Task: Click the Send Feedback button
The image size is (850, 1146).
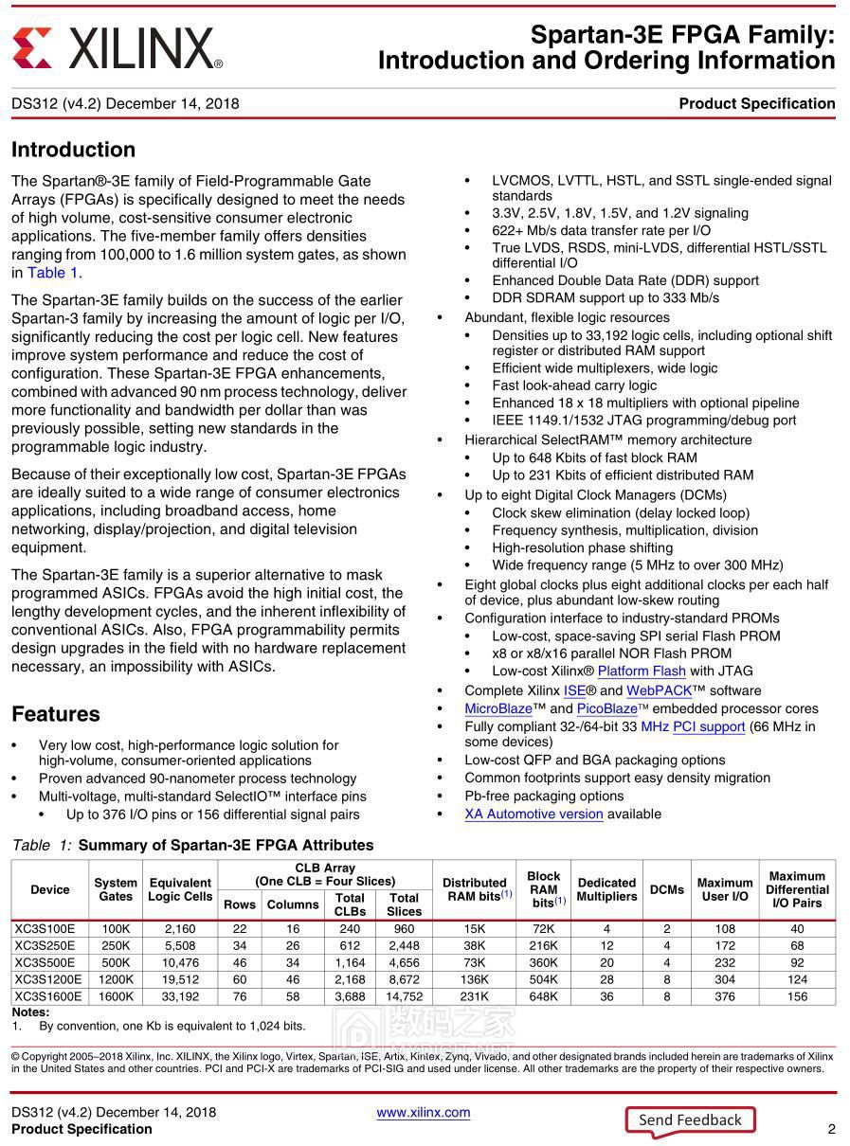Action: [x=690, y=1119]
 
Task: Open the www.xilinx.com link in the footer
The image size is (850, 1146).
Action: [x=423, y=1112]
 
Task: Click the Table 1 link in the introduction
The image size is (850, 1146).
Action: [x=53, y=273]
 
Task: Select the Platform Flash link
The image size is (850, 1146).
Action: [x=642, y=671]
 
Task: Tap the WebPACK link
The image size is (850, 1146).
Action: [x=659, y=690]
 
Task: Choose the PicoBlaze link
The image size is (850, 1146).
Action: [x=606, y=708]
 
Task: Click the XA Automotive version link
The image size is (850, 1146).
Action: [x=534, y=814]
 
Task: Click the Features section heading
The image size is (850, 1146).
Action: [x=56, y=714]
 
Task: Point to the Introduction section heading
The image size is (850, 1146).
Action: [x=73, y=150]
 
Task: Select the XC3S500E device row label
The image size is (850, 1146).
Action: [x=45, y=963]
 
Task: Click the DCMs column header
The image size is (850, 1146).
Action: [x=667, y=889]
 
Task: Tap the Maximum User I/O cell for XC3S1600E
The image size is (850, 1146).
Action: [x=725, y=996]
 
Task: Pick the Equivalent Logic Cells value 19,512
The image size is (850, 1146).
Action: [x=180, y=980]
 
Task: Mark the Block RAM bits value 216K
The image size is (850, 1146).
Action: [x=543, y=946]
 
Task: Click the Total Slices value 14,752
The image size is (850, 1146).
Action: [x=404, y=996]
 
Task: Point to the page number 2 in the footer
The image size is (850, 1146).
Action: [x=831, y=1129]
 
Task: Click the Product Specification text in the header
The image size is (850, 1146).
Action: [x=756, y=103]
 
